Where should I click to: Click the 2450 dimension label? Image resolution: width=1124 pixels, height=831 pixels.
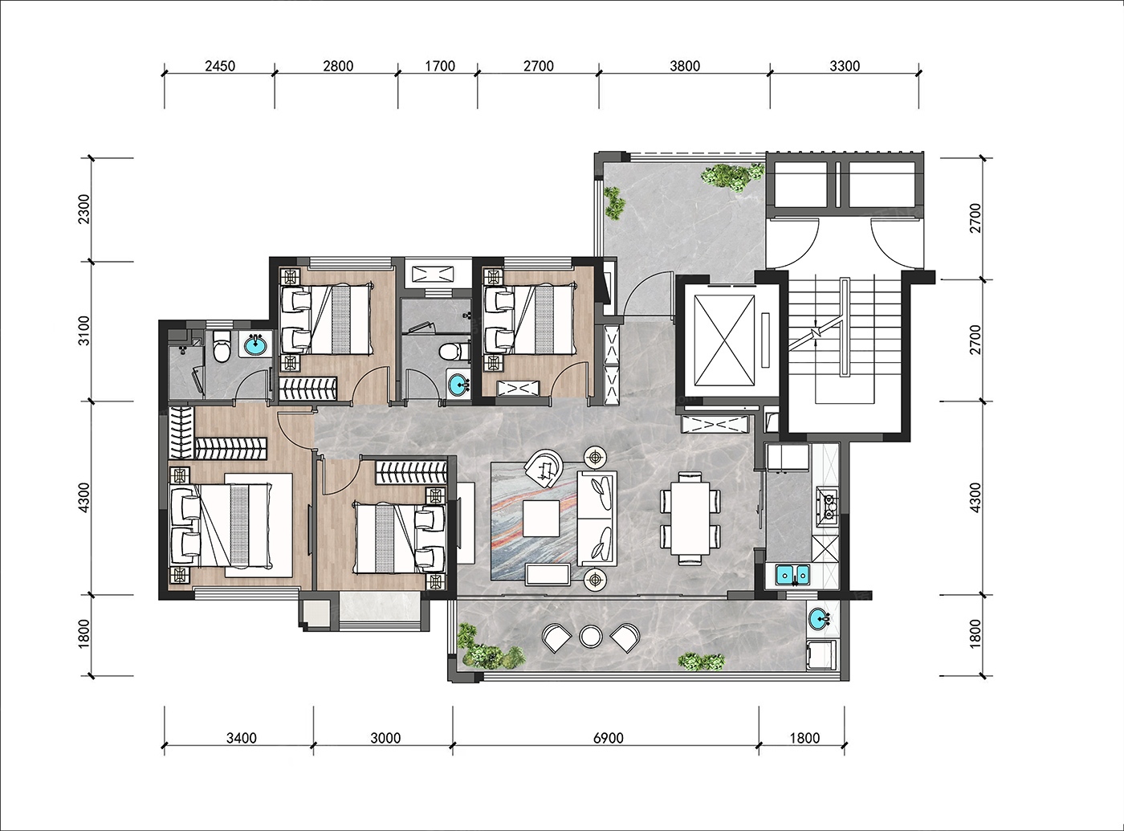pos(220,66)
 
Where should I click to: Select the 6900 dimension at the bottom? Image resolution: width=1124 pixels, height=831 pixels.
pos(608,738)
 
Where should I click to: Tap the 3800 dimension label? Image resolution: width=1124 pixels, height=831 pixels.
pos(685,66)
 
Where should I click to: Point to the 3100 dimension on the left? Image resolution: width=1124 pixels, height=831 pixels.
pos(84,331)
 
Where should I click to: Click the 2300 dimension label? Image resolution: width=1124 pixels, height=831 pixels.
pos(84,209)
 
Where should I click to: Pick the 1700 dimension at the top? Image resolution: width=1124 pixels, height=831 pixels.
pos(440,66)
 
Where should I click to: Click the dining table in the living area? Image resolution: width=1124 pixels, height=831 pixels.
pos(690,519)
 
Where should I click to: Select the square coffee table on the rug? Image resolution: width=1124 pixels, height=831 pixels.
pos(541,518)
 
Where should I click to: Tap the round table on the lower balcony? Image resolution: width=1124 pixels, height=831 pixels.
pos(591,637)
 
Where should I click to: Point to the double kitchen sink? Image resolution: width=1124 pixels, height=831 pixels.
pos(793,574)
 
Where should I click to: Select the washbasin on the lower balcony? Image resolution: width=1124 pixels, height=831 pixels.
pos(820,619)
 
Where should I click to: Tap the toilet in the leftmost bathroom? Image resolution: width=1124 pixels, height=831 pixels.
pos(221,346)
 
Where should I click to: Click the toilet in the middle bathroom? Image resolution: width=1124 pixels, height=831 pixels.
pos(454,351)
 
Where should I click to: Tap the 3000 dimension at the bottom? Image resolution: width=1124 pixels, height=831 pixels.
pos(385,738)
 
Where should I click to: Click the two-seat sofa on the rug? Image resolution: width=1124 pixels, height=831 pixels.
pos(597,518)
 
